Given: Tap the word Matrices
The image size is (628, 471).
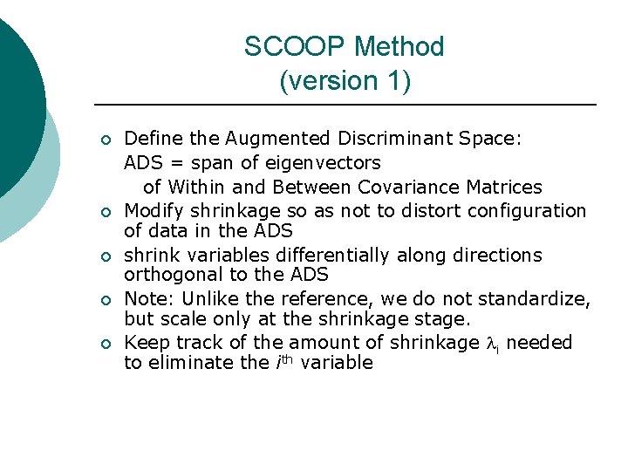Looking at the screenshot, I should pos(507,187).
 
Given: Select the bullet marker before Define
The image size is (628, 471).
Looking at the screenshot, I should pos(104,140).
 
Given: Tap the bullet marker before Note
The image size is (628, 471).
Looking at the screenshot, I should pos(104,299).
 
